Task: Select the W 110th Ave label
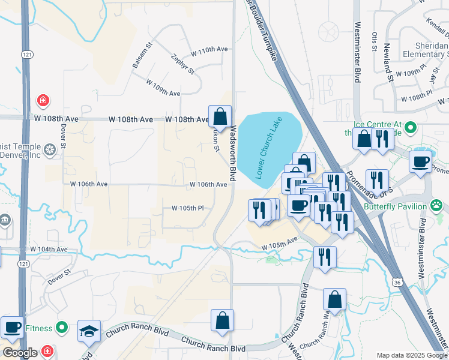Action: [x=197, y=49]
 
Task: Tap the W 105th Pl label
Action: [x=188, y=208]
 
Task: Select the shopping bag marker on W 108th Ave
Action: [x=220, y=116]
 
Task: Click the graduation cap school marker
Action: [x=89, y=331]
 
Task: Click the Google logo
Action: [x=20, y=353]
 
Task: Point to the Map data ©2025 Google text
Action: [x=411, y=355]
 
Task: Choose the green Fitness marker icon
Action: [x=61, y=328]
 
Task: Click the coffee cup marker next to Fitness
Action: [x=12, y=328]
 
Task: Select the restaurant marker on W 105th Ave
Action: [x=325, y=257]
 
